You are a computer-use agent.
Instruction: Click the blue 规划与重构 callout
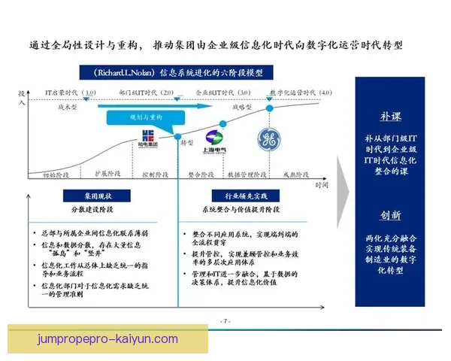click(145, 117)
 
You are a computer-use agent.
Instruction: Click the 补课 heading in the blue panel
click(390, 117)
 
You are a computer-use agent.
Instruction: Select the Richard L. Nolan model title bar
click(179, 73)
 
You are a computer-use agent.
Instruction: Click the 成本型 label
click(69, 108)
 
